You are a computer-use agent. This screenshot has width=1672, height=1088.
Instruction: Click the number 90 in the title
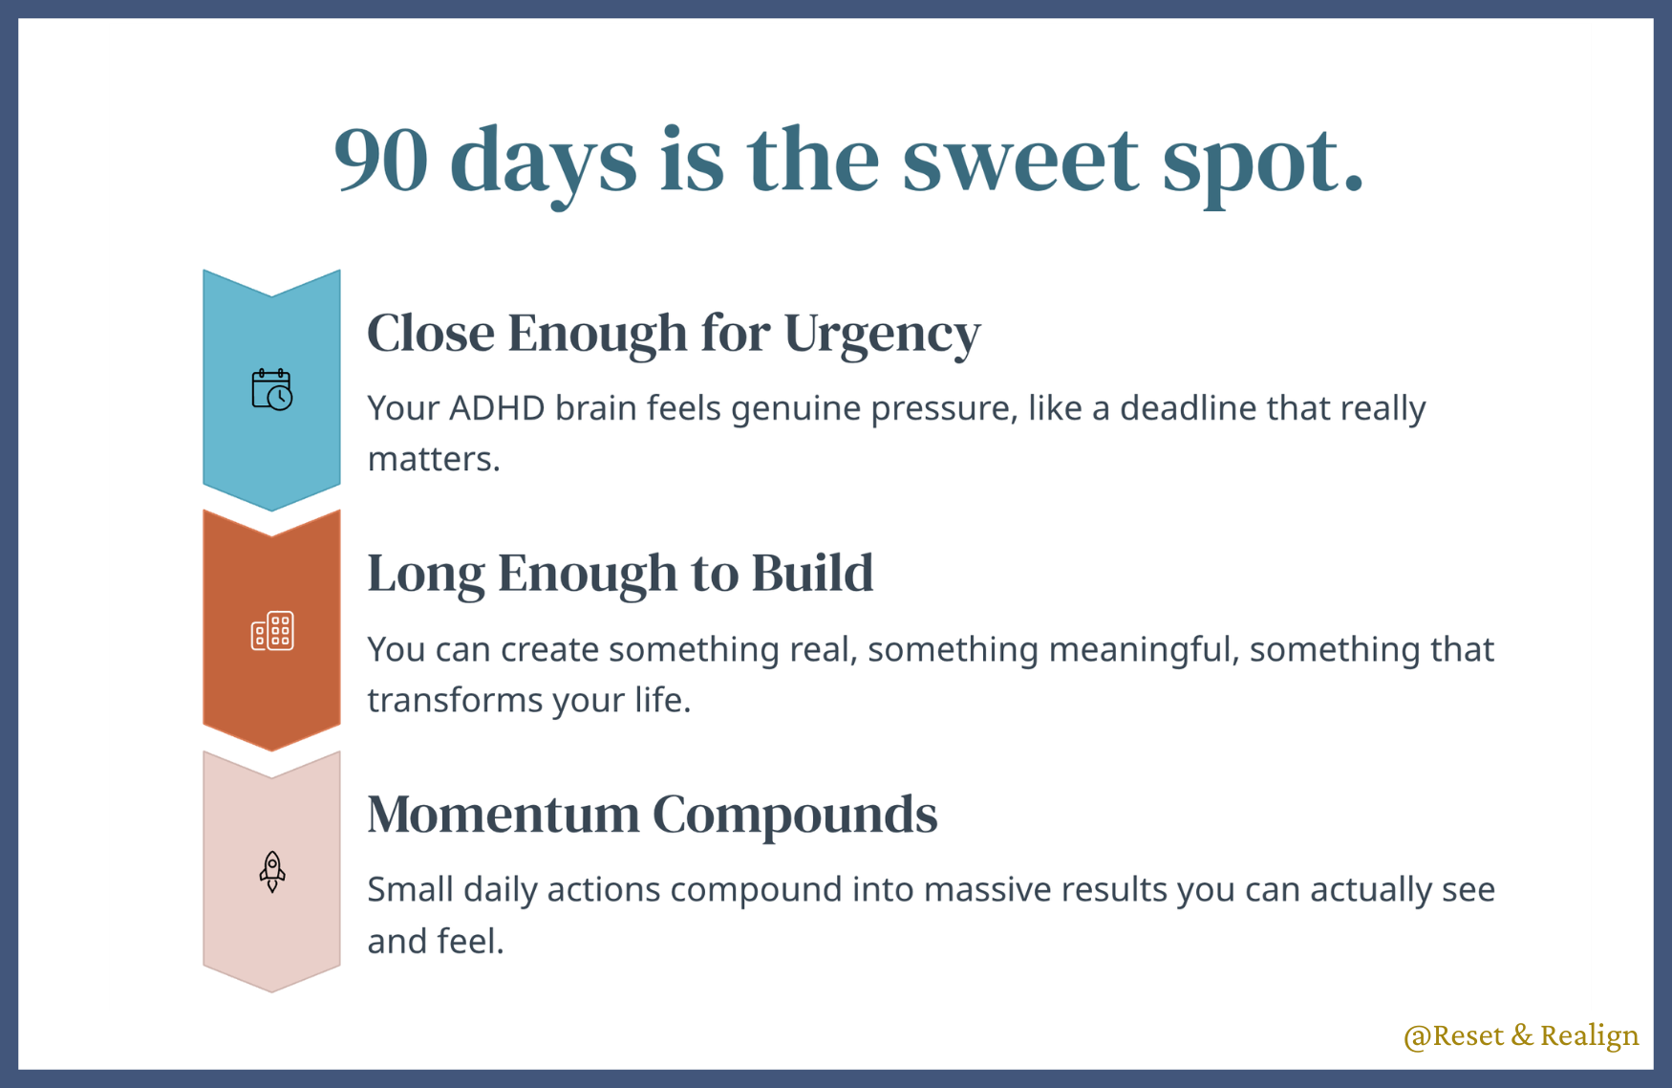click(380, 160)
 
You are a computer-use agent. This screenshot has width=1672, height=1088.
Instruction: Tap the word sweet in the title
click(1020, 160)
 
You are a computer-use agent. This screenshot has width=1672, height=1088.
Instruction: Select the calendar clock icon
click(272, 389)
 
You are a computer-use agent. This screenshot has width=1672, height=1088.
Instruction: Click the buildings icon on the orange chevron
click(272, 631)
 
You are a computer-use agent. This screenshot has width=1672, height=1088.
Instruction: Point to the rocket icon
click(272, 871)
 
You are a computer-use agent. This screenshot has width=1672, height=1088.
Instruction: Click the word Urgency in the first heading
click(882, 336)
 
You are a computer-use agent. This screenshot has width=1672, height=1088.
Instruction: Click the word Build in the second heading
click(812, 573)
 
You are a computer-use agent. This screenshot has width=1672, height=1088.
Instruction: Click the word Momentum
click(504, 815)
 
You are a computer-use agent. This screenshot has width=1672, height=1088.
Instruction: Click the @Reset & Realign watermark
click(1521, 1035)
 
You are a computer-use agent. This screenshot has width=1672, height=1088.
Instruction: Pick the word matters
click(434, 459)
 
